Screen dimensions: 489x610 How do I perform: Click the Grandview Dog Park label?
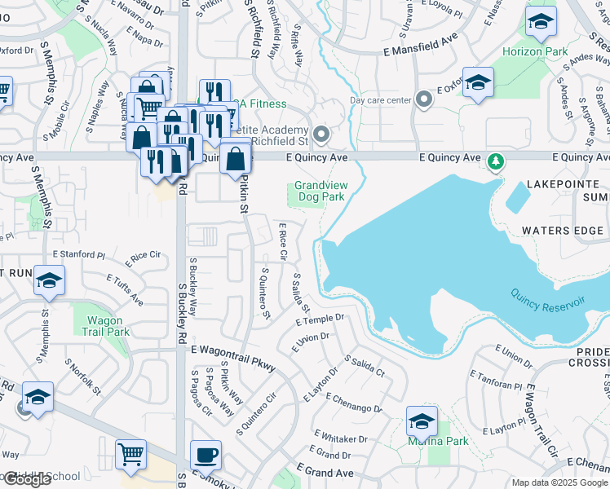pyautogui.click(x=320, y=191)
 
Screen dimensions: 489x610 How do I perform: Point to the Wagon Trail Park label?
pyautogui.click(x=106, y=326)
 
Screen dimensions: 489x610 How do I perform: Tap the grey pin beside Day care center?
pyautogui.click(x=423, y=100)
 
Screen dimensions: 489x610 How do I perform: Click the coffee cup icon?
pyautogui.click(x=206, y=455)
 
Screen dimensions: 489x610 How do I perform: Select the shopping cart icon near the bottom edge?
pyautogui.click(x=130, y=455)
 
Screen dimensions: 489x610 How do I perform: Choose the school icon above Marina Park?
pyautogui.click(x=422, y=421)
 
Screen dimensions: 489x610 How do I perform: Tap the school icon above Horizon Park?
pyautogui.click(x=540, y=22)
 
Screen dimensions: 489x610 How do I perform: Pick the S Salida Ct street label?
pyautogui.click(x=365, y=366)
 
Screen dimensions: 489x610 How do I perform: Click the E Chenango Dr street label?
pyautogui.click(x=353, y=403)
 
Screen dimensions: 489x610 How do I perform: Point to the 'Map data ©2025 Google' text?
pyautogui.click(x=559, y=482)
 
